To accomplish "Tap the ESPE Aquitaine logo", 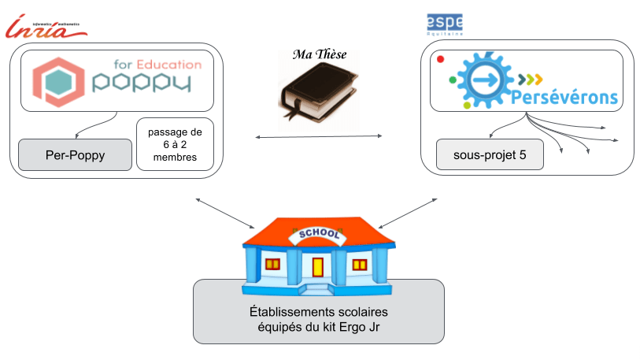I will coord(445,23).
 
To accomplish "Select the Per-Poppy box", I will coord(73,154).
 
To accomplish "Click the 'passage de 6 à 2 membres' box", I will coord(175,145).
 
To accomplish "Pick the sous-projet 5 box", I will coord(490,154).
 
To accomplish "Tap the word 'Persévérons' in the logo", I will coord(564,98).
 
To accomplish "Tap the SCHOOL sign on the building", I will coord(316,235).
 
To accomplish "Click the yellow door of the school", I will coord(317,267).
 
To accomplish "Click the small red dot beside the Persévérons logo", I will coord(440,59).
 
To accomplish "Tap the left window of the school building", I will coord(273,263).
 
